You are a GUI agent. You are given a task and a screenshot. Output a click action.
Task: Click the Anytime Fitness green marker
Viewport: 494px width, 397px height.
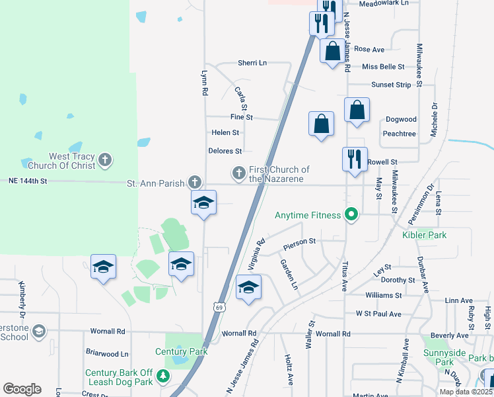click(351, 214)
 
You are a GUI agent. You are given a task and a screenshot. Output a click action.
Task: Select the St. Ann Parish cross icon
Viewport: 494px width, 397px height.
click(194, 181)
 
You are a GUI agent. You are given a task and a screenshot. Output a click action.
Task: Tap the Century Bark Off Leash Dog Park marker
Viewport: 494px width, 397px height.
click(163, 378)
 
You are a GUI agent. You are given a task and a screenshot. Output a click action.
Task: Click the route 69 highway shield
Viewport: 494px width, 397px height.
click(218, 306)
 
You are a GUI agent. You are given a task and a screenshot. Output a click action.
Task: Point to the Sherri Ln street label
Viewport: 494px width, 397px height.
click(252, 63)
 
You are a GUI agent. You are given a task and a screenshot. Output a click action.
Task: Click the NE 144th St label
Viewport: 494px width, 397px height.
click(28, 181)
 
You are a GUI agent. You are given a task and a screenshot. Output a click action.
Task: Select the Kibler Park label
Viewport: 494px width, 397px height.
click(424, 235)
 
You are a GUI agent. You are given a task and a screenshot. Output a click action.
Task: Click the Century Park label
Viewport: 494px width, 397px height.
click(178, 351)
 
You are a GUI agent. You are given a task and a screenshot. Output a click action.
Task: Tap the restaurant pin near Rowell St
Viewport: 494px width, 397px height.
click(355, 159)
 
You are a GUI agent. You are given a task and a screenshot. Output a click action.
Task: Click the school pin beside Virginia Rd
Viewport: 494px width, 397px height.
click(248, 287)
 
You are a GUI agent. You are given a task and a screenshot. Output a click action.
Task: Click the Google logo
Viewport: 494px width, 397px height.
click(22, 389)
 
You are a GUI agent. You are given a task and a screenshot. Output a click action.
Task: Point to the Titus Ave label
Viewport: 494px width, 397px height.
click(344, 277)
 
